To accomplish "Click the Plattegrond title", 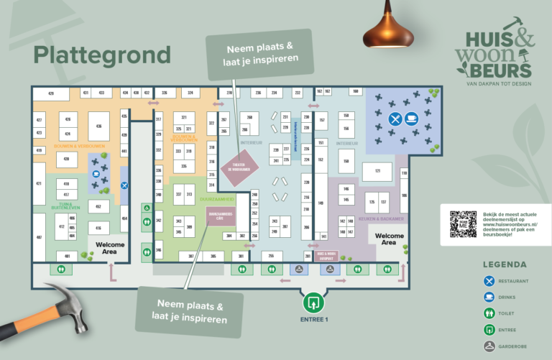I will tap(102, 55).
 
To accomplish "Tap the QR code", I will tap(464, 224).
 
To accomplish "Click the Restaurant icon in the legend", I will tap(489, 281).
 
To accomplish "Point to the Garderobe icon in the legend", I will tap(489, 346).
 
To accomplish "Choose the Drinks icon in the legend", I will tap(489, 297).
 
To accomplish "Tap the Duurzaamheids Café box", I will tap(221, 215).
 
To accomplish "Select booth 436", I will tap(98, 126).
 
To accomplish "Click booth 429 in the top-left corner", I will tap(52, 94).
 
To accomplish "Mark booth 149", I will tap(321, 203).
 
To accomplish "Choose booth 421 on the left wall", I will tap(39, 183).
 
